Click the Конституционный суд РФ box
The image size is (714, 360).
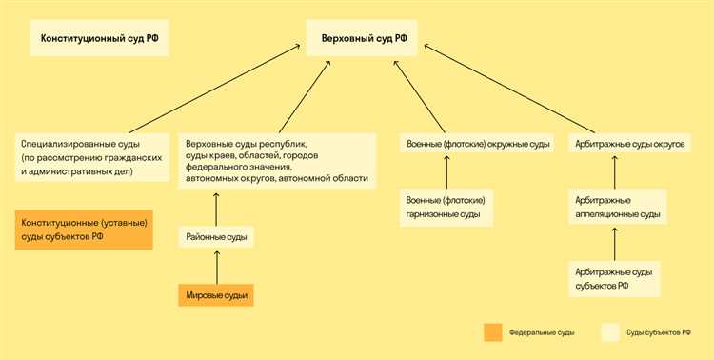99,39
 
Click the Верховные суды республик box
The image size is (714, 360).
276,159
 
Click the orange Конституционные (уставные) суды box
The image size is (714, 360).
84,230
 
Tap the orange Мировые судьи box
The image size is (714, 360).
216,296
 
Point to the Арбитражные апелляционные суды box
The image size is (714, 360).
615,208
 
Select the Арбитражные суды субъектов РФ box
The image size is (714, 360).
614,278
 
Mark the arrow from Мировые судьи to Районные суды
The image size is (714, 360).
216,268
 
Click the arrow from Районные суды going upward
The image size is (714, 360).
216,209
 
